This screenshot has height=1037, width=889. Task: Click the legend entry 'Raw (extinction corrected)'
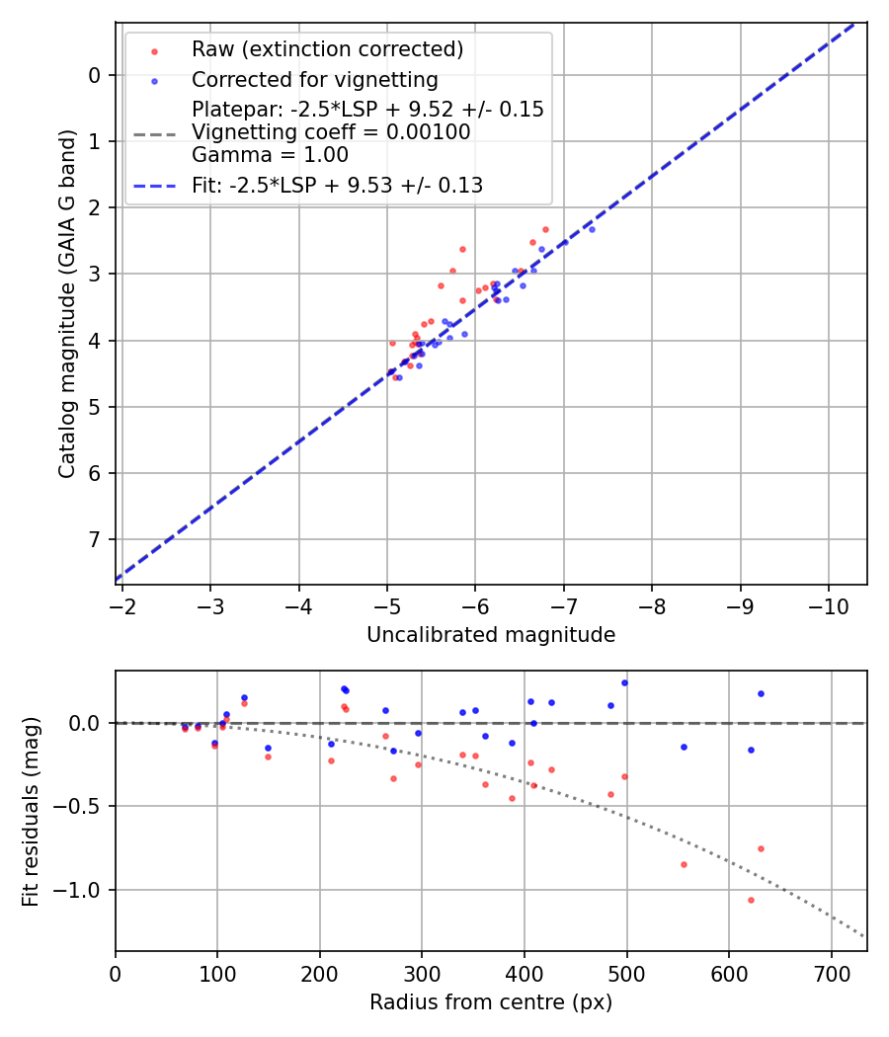point(327,49)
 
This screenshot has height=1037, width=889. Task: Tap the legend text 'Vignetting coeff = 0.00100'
point(331,132)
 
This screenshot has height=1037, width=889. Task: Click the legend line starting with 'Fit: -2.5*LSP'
point(337,185)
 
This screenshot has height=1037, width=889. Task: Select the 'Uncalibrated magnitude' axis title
point(491,635)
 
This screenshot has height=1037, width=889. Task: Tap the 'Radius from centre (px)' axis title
point(491,1002)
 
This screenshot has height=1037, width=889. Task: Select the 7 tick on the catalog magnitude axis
point(96,539)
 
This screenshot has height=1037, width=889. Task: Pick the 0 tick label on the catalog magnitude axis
point(96,75)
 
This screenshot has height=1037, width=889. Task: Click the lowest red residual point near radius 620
point(751,900)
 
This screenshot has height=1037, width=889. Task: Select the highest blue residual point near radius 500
point(624,682)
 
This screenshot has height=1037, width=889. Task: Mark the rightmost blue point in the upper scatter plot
point(592,229)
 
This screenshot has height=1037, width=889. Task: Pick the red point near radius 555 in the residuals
point(684,864)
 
